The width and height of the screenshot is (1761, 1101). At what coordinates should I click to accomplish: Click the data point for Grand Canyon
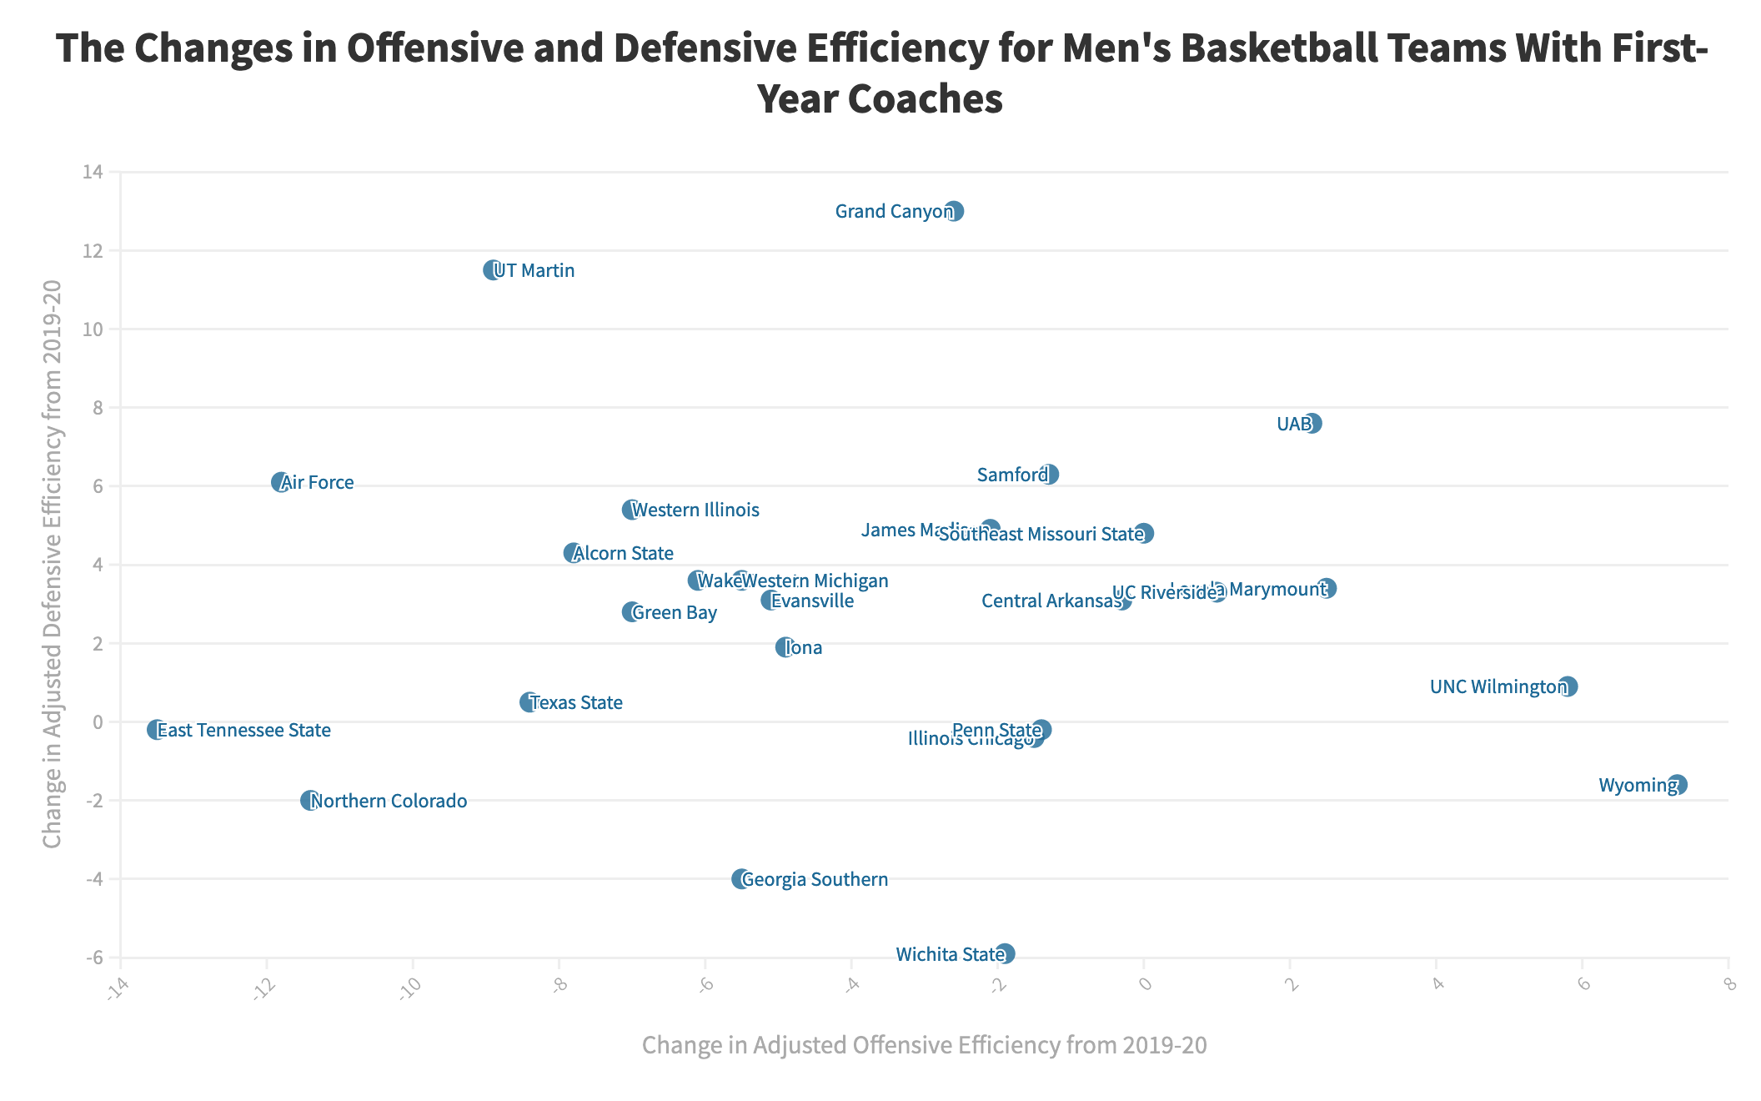[x=954, y=211]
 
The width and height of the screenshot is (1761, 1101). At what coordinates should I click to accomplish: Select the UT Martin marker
[x=492, y=269]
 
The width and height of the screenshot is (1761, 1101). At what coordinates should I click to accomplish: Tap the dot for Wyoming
[x=1677, y=784]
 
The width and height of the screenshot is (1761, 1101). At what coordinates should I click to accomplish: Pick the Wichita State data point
[x=1005, y=953]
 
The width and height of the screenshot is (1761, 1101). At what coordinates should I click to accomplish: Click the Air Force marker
[x=280, y=482]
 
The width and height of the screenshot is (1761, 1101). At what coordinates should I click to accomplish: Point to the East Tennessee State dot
[x=156, y=730]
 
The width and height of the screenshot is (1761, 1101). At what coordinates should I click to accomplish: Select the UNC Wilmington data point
[x=1568, y=686]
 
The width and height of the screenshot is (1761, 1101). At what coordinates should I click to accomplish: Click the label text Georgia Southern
[x=815, y=879]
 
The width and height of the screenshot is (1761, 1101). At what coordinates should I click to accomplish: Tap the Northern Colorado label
[x=389, y=801]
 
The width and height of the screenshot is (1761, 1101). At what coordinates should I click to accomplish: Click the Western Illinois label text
[x=695, y=510]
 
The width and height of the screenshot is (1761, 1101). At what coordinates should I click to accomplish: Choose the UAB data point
[x=1312, y=423]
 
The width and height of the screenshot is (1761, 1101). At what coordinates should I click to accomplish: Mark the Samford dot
[x=1049, y=475]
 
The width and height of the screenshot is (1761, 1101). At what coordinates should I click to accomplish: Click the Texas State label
[x=576, y=702]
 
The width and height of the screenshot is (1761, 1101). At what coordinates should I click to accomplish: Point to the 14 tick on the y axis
[x=93, y=172]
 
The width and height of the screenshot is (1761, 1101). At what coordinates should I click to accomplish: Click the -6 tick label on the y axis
[x=93, y=958]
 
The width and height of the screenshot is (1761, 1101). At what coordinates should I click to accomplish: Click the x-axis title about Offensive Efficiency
[x=924, y=1045]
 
